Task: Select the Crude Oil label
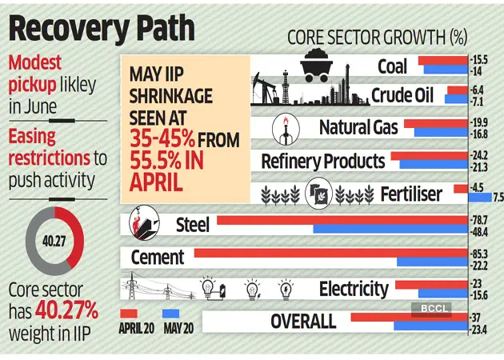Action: [x=402, y=96]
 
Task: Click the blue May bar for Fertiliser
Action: [x=480, y=197]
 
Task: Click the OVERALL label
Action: [x=302, y=322]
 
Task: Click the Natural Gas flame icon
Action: [x=285, y=127]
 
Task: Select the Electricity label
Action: [x=353, y=289]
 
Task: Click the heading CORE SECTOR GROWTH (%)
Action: [x=382, y=37]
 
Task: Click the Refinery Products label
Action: [x=322, y=161]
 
